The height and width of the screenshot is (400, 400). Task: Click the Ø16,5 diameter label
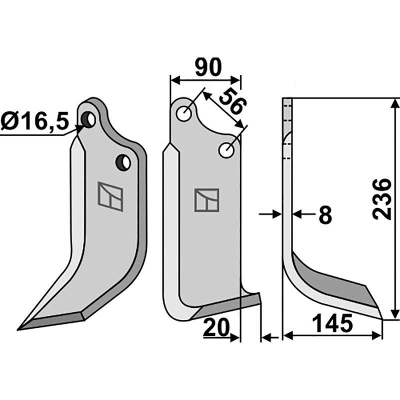(x=34, y=121)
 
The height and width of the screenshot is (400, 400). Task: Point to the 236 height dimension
(x=382, y=198)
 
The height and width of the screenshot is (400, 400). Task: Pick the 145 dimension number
(x=331, y=323)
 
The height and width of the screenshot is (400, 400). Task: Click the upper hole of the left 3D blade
(x=90, y=119)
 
